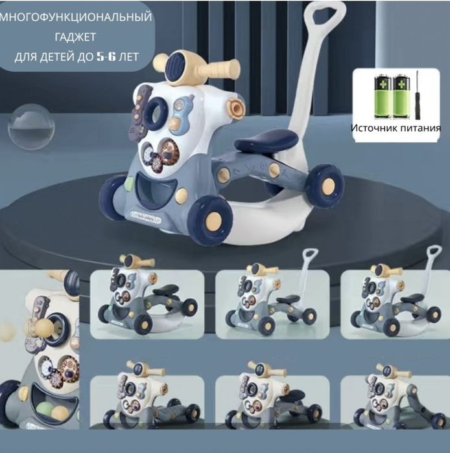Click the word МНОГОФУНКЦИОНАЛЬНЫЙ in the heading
76,17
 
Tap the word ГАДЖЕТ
75,37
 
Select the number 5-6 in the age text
106,57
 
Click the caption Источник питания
396,128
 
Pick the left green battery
383,97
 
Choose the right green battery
401,97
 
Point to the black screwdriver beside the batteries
418,95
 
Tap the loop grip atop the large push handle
324,16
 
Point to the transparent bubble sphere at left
31,127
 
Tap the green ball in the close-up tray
43,408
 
